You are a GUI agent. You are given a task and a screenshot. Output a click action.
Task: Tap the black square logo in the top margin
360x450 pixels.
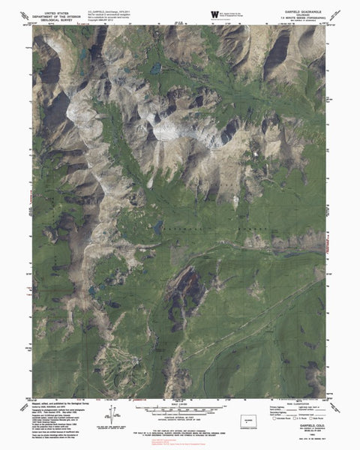pos(196,13)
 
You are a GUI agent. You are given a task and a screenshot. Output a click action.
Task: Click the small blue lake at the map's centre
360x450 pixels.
pos(158,225)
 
